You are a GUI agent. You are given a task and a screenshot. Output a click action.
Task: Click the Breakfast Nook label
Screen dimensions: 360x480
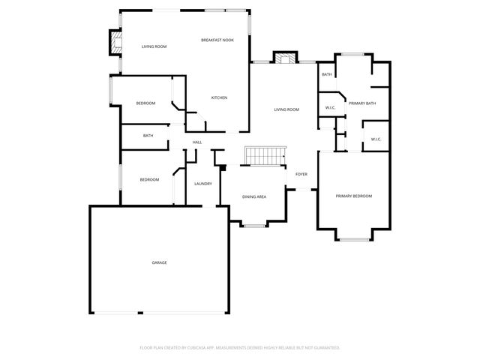click(217, 40)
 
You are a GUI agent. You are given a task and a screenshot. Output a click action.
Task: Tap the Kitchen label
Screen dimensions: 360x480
click(219, 97)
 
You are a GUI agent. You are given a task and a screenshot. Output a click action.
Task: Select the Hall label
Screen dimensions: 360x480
click(197, 142)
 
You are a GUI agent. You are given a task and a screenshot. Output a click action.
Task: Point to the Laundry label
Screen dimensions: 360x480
click(202, 184)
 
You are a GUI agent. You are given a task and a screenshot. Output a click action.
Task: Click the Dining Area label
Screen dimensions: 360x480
click(254, 197)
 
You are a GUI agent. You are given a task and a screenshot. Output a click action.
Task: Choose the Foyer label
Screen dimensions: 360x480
click(301, 174)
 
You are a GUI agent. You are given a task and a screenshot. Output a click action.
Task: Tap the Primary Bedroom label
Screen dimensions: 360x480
click(353, 196)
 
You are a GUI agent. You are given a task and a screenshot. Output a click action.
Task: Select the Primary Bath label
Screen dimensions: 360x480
click(361, 103)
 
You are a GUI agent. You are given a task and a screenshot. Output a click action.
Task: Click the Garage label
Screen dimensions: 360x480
click(159, 262)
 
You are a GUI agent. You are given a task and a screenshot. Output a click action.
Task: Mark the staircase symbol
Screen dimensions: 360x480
click(264, 156)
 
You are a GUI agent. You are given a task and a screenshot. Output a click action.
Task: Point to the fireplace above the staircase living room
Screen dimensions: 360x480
click(284, 58)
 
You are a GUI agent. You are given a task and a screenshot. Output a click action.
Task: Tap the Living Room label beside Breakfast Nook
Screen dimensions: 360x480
click(154, 46)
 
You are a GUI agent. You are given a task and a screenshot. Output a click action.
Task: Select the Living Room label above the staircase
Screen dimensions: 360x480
click(286, 109)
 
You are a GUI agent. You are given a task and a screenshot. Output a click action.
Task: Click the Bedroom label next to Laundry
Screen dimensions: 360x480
click(149, 180)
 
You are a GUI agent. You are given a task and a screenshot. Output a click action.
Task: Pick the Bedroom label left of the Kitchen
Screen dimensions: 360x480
click(145, 103)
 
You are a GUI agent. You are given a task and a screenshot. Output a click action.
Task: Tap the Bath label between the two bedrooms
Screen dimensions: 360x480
click(148, 136)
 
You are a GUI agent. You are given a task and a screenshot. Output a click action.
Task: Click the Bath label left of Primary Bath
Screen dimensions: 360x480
click(327, 75)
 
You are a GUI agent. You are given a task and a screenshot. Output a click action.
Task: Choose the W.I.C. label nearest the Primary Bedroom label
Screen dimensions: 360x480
click(376, 139)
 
